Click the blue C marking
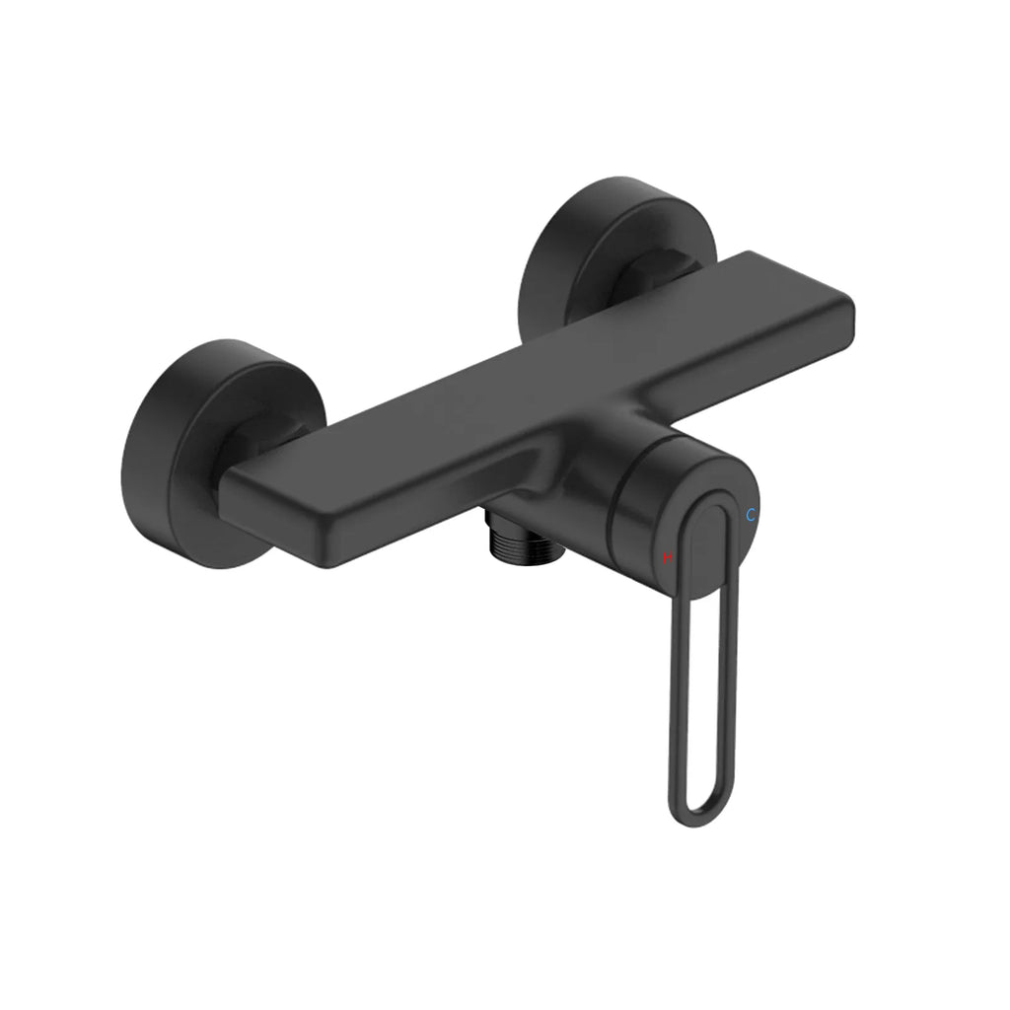click(x=751, y=515)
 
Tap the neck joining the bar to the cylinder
click(x=572, y=464)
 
